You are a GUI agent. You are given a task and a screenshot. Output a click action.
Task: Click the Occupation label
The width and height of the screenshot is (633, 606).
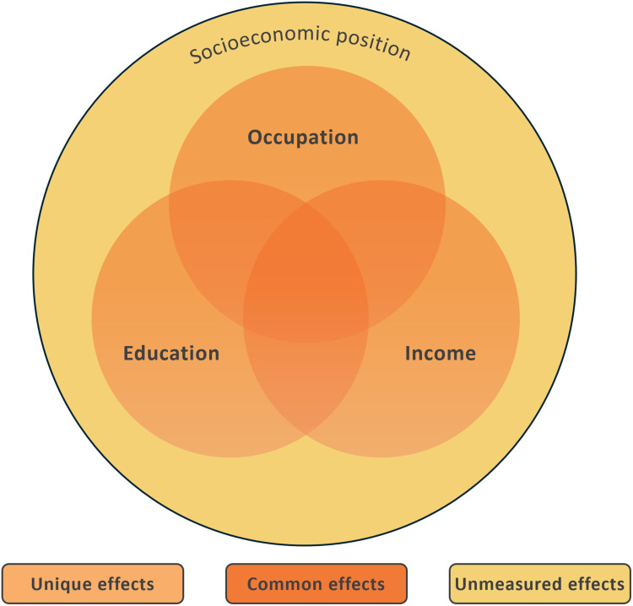[x=303, y=137]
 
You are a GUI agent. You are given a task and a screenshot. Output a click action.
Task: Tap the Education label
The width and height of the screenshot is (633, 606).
[x=171, y=353]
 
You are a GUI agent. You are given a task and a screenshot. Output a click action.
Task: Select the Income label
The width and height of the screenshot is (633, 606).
[x=441, y=353]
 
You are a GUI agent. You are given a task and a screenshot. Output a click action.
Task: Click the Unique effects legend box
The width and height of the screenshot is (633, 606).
[x=92, y=583]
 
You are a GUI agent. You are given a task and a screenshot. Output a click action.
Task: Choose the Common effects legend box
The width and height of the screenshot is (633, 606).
[x=316, y=583]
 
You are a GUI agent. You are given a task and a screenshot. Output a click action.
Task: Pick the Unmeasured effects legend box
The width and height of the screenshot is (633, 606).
[x=540, y=583]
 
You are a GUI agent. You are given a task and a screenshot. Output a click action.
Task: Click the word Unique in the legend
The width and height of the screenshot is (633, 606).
[x=56, y=583]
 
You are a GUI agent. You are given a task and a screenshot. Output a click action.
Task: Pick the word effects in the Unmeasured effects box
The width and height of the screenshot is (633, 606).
[x=597, y=583]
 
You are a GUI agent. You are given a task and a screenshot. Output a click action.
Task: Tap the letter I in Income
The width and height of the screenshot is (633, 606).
[x=408, y=353]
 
